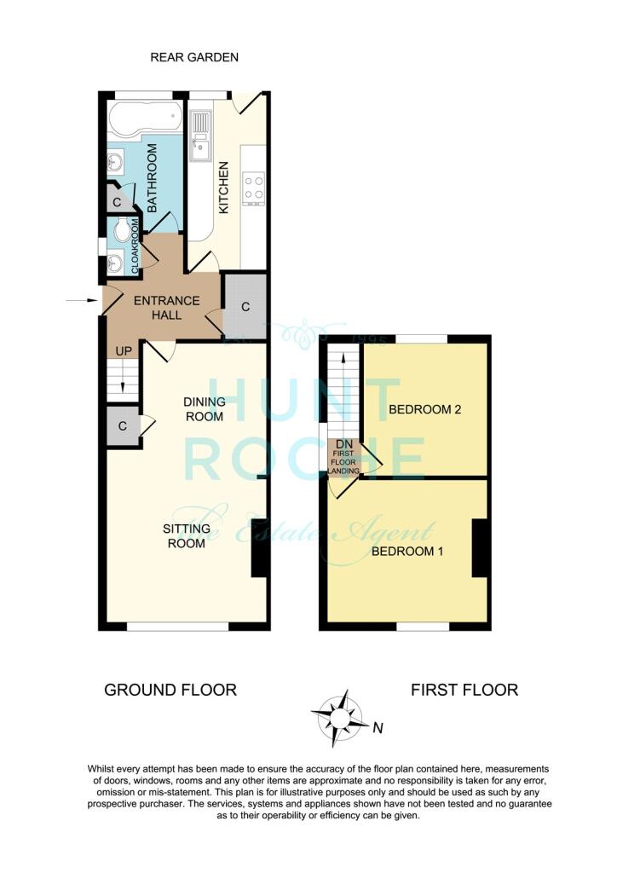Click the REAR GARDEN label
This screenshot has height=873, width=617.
(193, 57)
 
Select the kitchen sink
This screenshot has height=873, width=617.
(201, 136)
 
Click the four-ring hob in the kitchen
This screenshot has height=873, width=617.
(254, 188)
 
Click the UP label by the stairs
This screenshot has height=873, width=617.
(124, 351)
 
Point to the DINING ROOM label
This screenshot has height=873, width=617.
(204, 409)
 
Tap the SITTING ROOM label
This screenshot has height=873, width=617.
(185, 535)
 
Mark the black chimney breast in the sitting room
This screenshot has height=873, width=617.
(258, 560)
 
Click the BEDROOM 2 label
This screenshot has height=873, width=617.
(424, 409)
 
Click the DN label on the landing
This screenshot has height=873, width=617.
(345, 444)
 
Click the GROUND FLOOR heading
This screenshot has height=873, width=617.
(170, 690)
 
